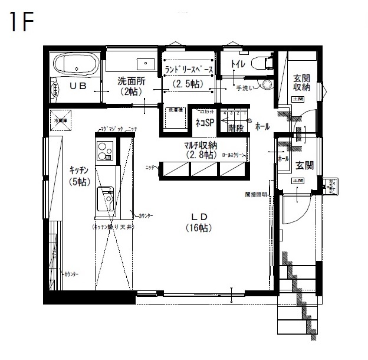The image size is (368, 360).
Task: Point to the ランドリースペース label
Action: coord(189,69)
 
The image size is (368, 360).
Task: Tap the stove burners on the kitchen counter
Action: coord(105,151)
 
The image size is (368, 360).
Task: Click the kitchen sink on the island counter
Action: coord(106,197)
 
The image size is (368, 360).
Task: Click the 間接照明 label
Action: coord(257,194)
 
